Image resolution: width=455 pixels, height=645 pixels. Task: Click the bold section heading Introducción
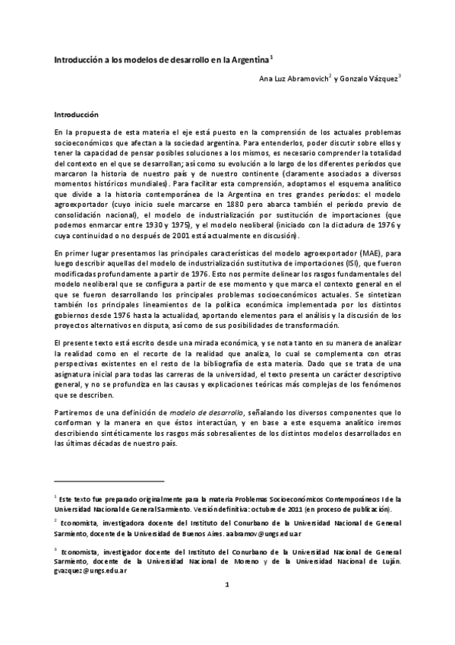[76, 115]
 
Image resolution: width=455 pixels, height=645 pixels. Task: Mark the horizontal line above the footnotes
[109, 481]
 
